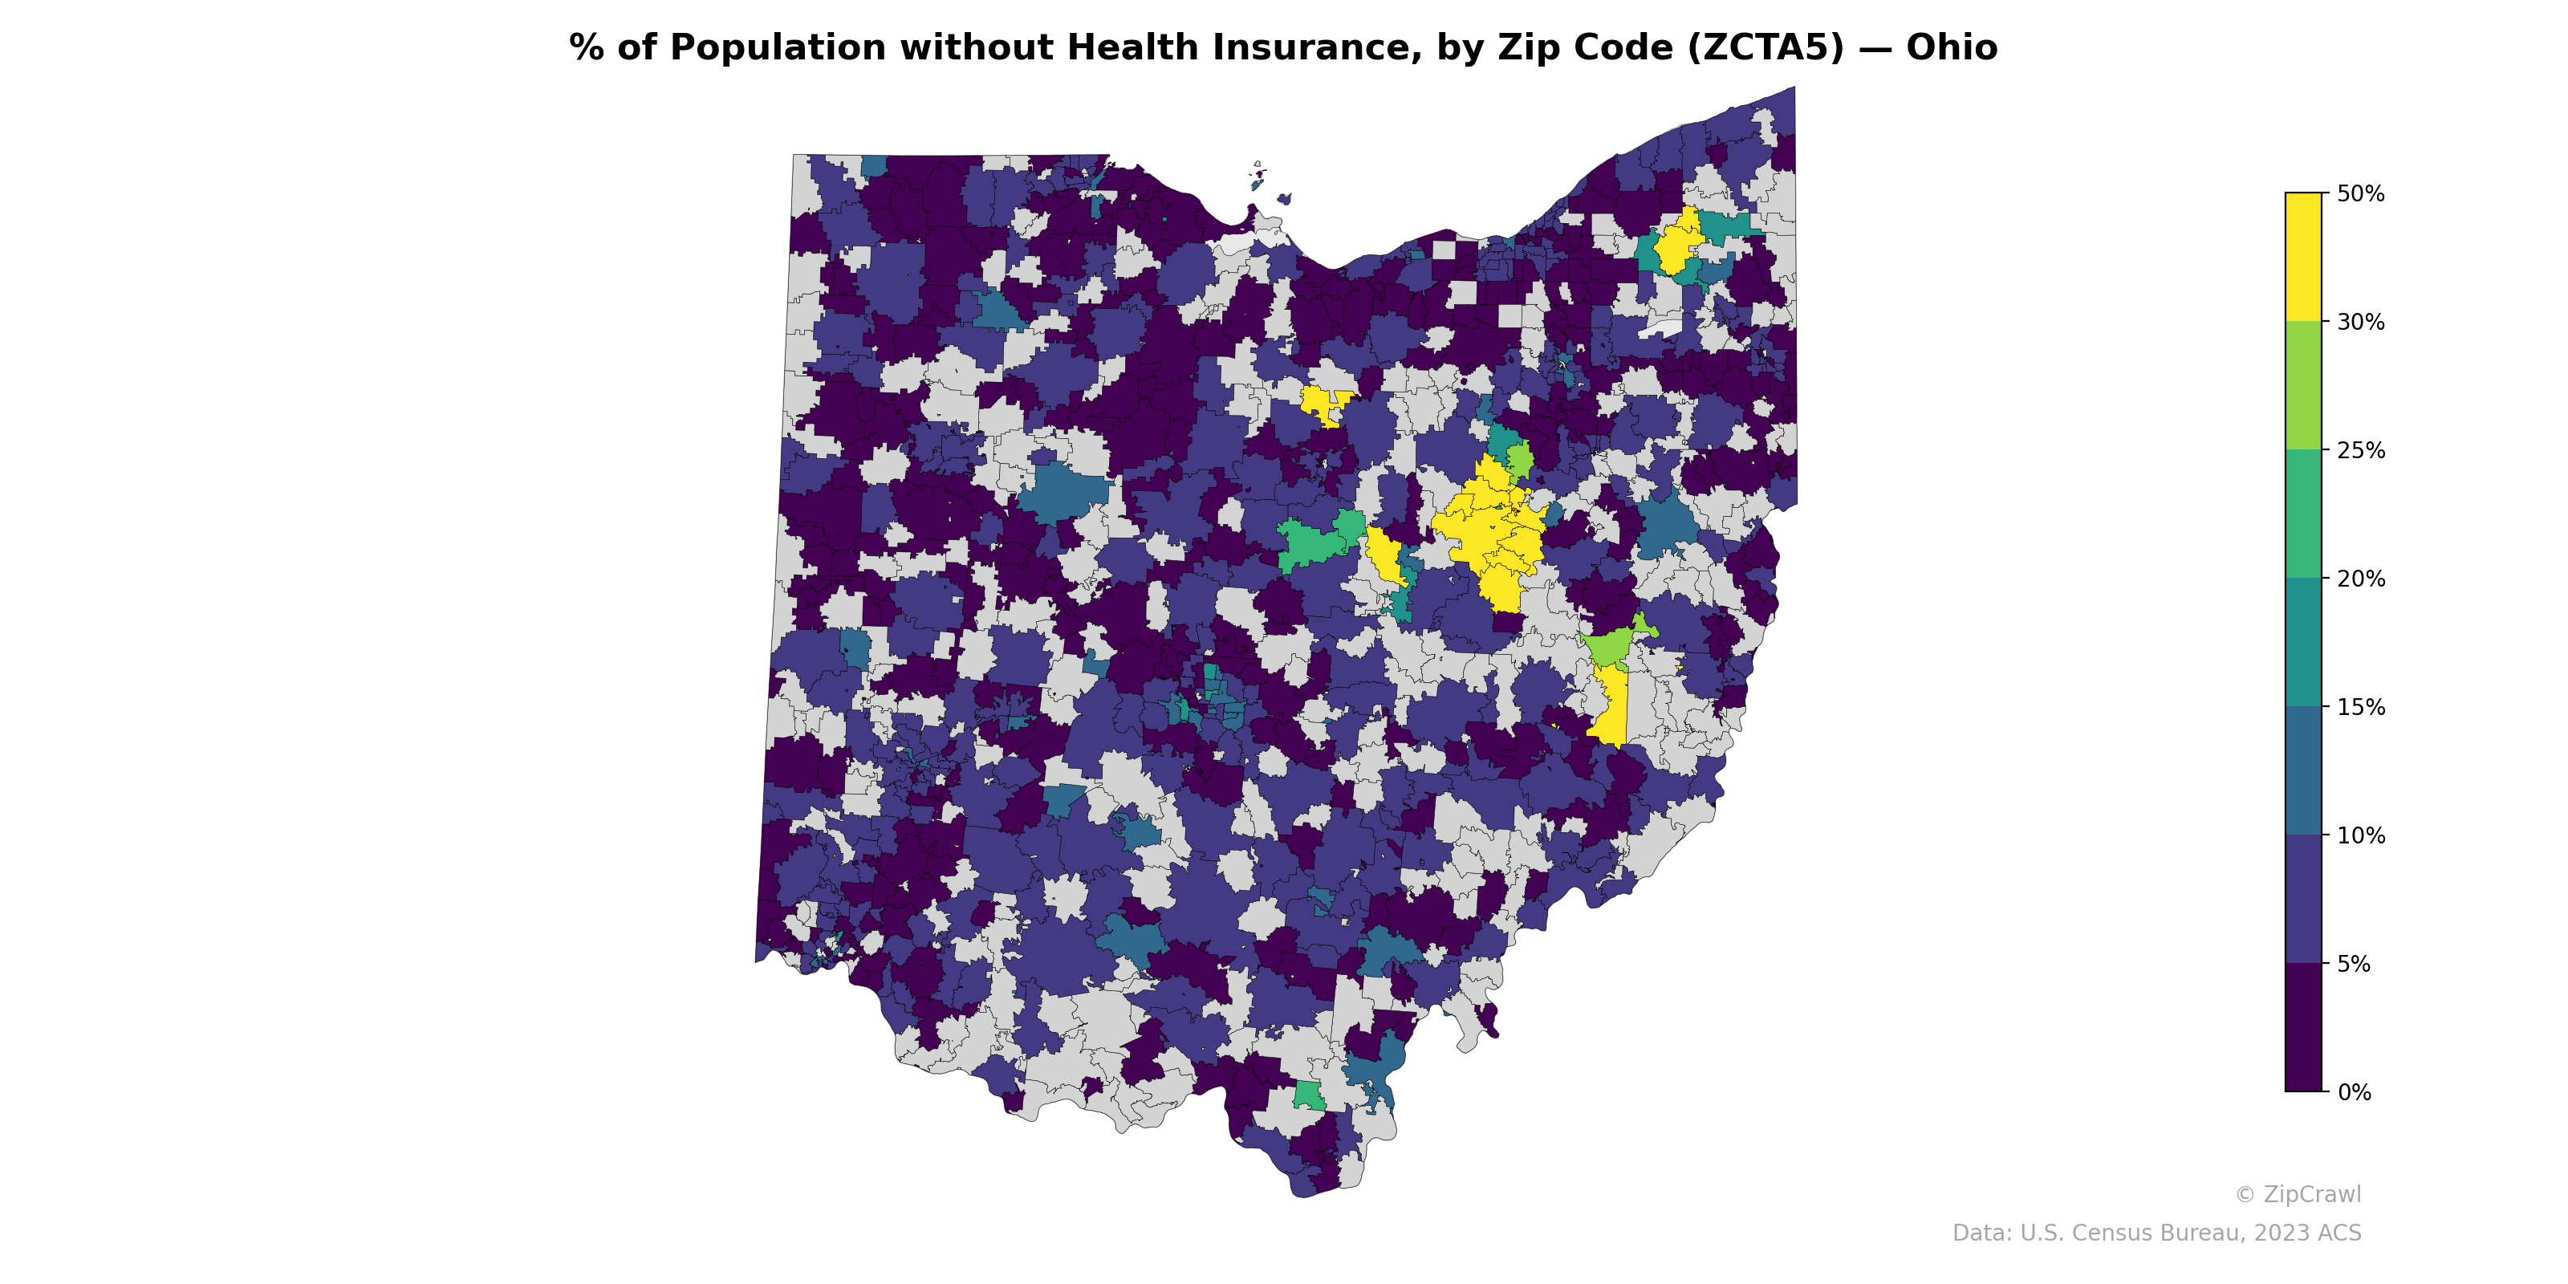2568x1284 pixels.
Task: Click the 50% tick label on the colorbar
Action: pyautogui.click(x=2359, y=194)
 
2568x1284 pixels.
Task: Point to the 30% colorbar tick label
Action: pyautogui.click(x=2359, y=322)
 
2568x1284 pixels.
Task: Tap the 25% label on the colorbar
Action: pyautogui.click(x=2359, y=450)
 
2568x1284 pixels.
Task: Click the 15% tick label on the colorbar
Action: pyautogui.click(x=2359, y=708)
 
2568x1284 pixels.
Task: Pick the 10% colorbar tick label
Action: pyautogui.click(x=2359, y=836)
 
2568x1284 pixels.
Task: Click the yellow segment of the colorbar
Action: pyautogui.click(x=2303, y=256)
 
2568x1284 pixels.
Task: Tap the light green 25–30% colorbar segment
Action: pyautogui.click(x=2303, y=386)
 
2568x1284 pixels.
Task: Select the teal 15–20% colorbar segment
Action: pyautogui.click(x=2303, y=643)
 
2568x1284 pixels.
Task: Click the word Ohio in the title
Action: pyautogui.click(x=1951, y=48)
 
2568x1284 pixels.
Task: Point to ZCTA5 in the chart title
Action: pyautogui.click(x=1765, y=48)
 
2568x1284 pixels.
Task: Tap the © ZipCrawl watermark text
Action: pyautogui.click(x=2297, y=1194)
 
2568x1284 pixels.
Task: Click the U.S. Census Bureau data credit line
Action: pyautogui.click(x=2156, y=1233)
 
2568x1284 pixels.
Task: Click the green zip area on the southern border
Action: pyautogui.click(x=1308, y=1095)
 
